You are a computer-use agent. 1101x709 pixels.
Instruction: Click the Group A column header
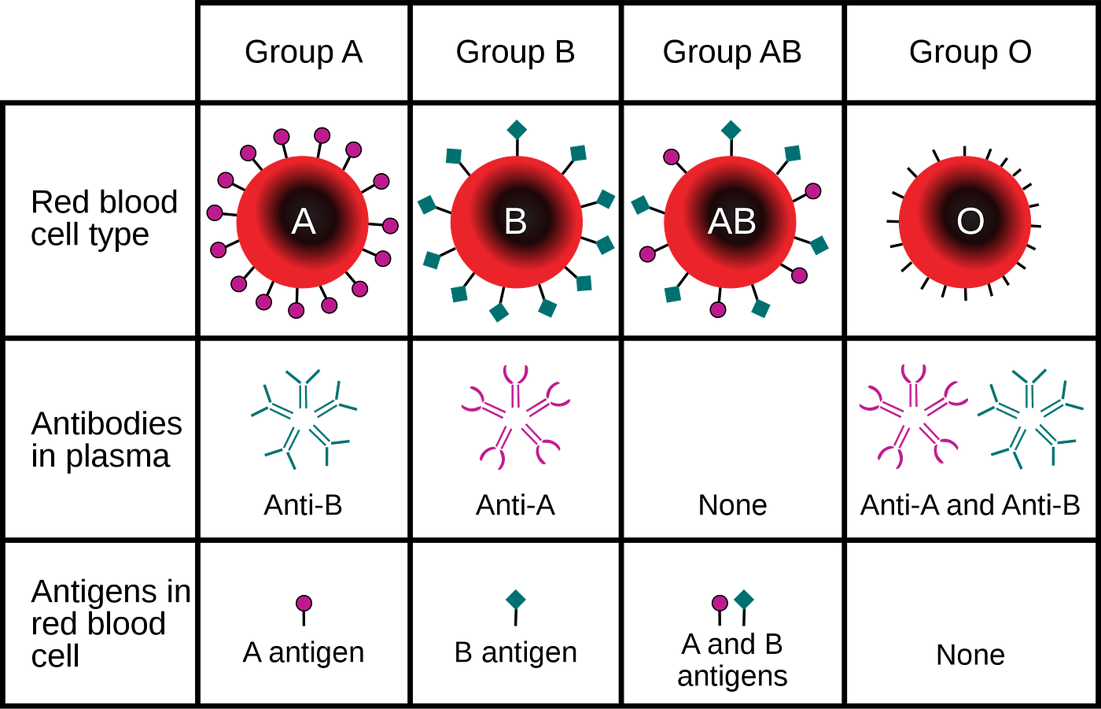(x=304, y=53)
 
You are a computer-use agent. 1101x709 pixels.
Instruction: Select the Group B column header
(x=515, y=53)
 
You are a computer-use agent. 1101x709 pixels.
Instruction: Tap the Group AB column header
(x=732, y=53)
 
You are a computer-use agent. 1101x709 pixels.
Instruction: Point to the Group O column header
(x=970, y=53)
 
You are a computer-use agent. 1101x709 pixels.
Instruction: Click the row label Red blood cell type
(x=104, y=218)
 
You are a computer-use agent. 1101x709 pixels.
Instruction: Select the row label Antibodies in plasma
(x=106, y=440)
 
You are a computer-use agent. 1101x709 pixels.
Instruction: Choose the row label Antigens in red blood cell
(x=111, y=623)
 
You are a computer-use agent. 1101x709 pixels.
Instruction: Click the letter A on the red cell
(x=304, y=222)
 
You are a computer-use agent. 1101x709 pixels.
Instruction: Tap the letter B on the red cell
(x=516, y=222)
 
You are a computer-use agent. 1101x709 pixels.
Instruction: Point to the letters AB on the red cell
(x=731, y=222)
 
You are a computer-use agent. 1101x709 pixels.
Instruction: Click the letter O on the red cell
(x=970, y=222)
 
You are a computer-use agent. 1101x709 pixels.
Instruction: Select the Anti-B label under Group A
(x=303, y=505)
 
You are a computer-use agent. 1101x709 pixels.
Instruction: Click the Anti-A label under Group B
(x=515, y=505)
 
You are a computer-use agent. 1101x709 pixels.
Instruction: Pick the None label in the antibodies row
(x=732, y=505)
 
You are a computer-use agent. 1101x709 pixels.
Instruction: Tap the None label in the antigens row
(x=970, y=655)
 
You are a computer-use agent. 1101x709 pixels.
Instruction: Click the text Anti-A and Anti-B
(x=970, y=505)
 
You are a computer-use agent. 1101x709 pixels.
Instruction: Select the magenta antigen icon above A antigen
(x=304, y=610)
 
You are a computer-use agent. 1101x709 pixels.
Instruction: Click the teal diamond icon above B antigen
(x=516, y=607)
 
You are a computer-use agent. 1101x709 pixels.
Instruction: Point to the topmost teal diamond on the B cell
(x=517, y=130)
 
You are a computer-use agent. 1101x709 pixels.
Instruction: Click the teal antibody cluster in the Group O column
(x=1029, y=419)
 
